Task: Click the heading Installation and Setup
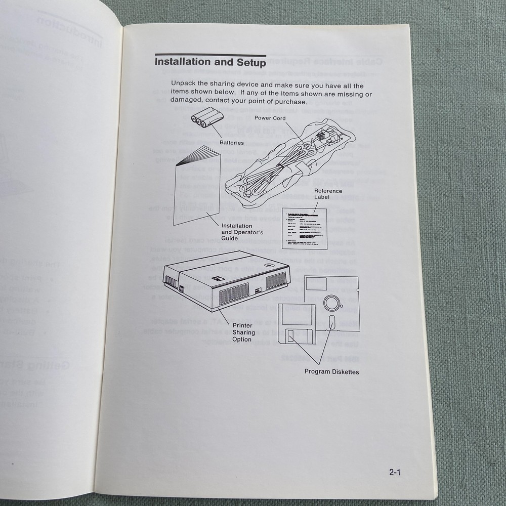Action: (210, 63)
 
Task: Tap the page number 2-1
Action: (395, 473)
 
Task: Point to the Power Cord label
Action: (270, 118)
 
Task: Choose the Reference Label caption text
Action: (328, 194)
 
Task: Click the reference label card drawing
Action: (304, 228)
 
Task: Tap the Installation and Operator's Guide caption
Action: (236, 232)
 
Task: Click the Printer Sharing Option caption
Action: (242, 332)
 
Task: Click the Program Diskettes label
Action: (331, 372)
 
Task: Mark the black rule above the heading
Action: (210, 55)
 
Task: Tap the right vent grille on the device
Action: (276, 280)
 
